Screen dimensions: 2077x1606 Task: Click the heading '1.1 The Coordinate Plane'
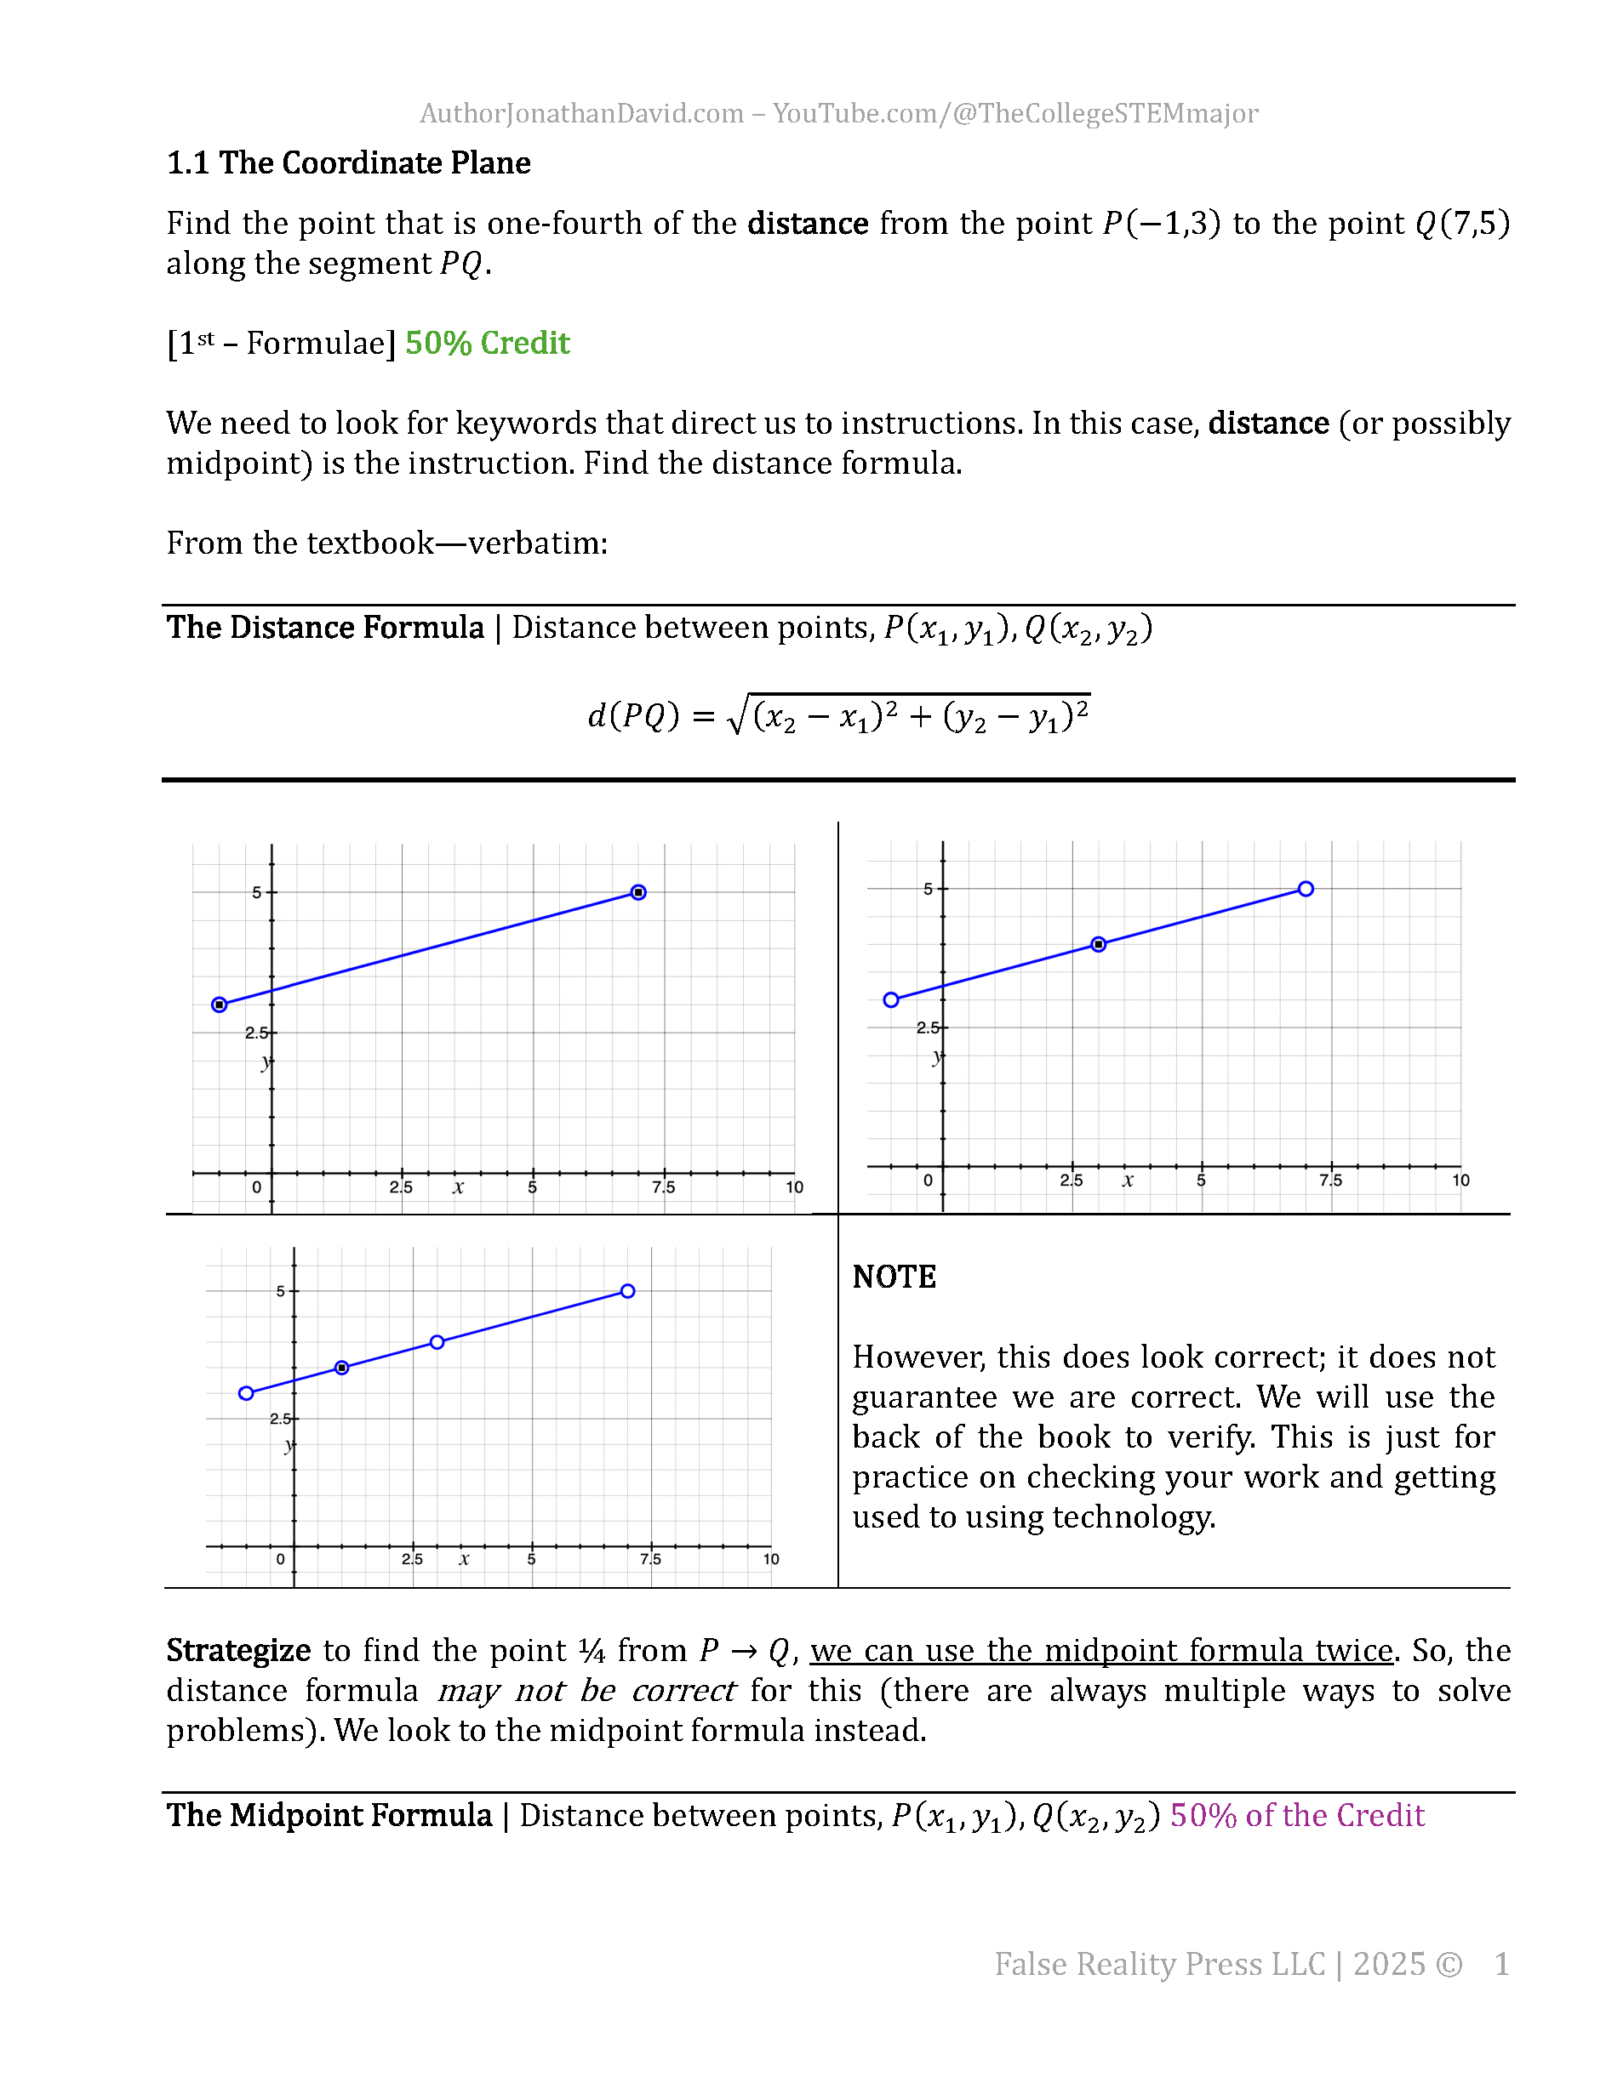click(348, 162)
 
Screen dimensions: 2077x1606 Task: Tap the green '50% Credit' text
click(487, 344)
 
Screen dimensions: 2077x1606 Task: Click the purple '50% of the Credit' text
click(1297, 1816)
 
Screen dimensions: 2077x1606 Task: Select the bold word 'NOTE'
click(894, 1277)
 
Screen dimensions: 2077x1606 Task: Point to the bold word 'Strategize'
click(237, 1650)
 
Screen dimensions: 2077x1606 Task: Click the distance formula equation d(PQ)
click(838, 716)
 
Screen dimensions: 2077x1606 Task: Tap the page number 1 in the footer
click(1501, 1964)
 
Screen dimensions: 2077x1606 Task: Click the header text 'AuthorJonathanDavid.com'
click(581, 113)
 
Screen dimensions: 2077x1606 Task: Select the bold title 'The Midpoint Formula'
click(329, 1816)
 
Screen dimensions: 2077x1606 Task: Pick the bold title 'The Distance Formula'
click(325, 628)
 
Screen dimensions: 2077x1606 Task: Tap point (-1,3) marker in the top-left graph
click(220, 1004)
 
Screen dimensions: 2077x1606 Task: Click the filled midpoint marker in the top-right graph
click(1099, 944)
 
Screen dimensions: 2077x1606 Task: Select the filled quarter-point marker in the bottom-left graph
click(341, 1368)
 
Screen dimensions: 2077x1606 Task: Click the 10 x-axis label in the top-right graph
click(1460, 1181)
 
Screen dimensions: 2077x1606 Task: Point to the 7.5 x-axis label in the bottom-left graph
click(650, 1559)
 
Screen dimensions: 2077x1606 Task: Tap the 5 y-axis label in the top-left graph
click(256, 892)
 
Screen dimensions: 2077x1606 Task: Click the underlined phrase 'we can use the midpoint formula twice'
click(1100, 1650)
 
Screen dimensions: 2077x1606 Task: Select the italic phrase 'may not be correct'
click(586, 1690)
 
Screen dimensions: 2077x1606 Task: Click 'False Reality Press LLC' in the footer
click(1159, 1964)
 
